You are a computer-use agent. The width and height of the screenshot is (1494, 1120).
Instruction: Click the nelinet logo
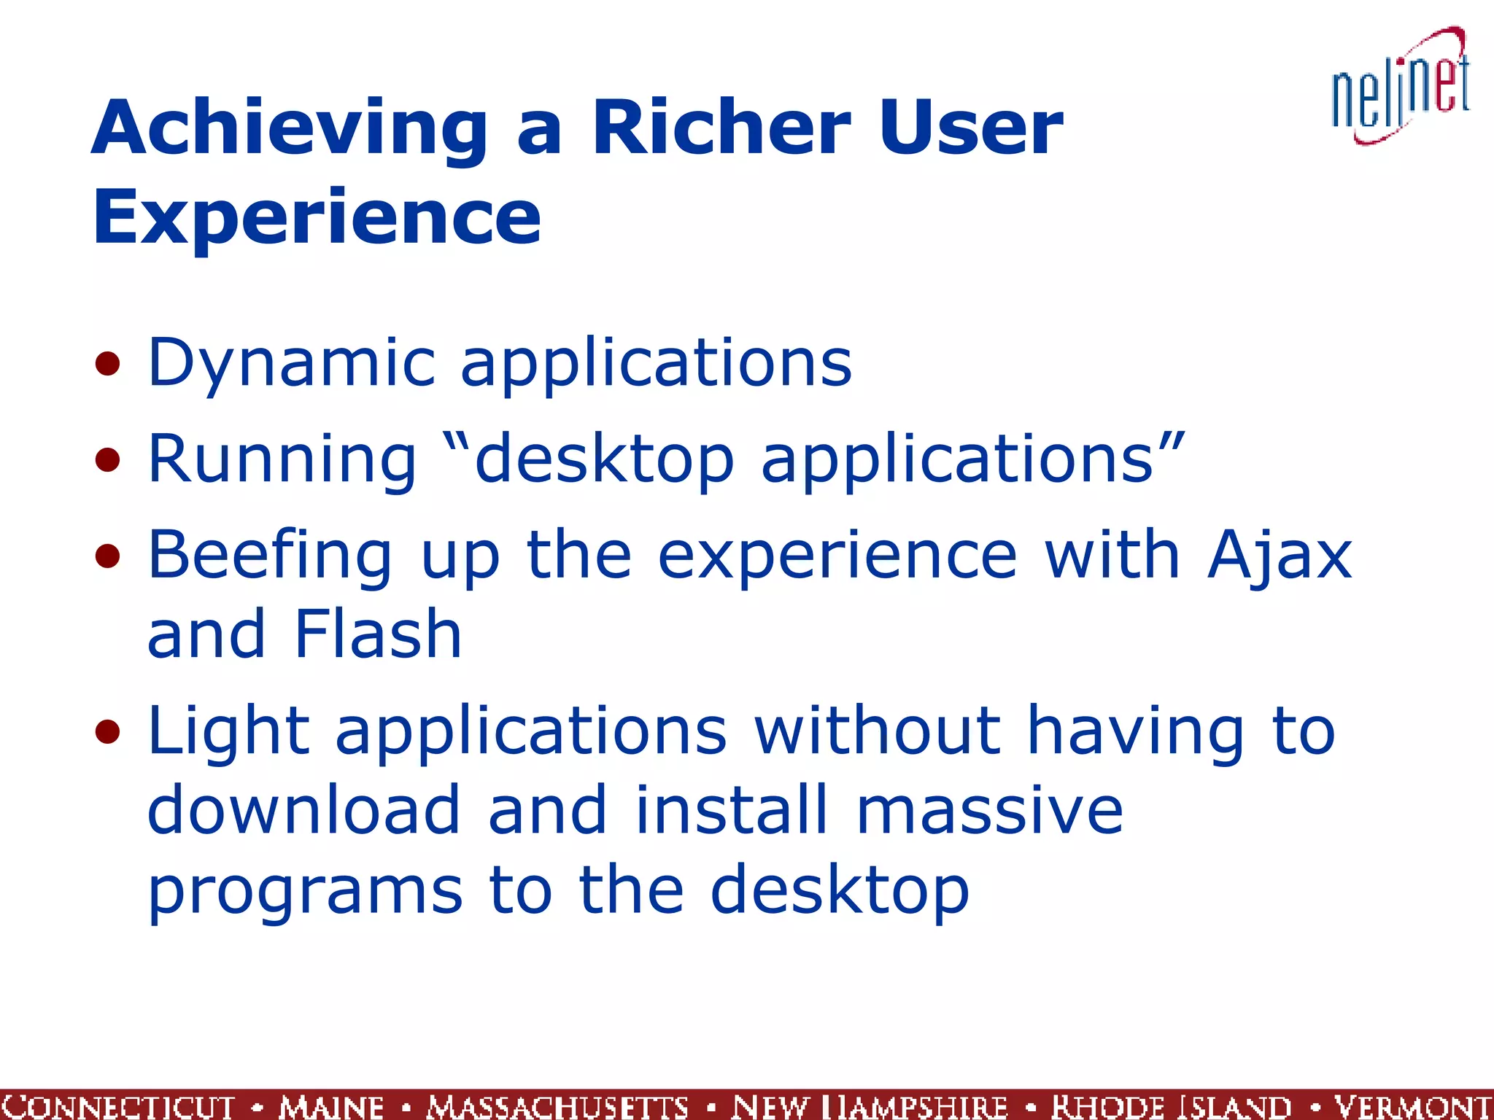coord(1401,87)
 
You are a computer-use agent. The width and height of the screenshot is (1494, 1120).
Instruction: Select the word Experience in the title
coord(317,217)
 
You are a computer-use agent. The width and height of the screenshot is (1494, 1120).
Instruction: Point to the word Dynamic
coord(291,363)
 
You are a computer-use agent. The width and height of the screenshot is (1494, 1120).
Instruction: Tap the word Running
coord(282,459)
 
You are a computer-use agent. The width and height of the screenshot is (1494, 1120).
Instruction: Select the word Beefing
coord(270,556)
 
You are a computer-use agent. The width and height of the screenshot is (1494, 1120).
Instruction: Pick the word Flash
coord(377,634)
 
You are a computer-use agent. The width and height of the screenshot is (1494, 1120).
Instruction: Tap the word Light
coord(228,731)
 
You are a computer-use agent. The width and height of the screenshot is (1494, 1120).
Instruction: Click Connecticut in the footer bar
coord(117,1105)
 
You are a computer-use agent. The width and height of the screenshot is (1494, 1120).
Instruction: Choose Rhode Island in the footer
coord(1171,1105)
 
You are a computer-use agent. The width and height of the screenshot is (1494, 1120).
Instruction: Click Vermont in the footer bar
coord(1412,1105)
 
